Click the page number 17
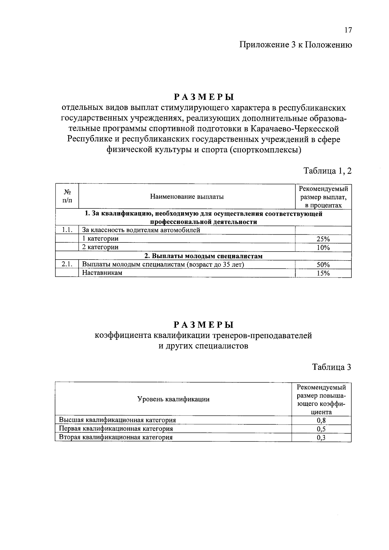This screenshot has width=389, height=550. click(x=348, y=30)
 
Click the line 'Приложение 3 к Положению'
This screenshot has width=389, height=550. click(x=295, y=45)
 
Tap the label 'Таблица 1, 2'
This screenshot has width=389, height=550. click(x=327, y=170)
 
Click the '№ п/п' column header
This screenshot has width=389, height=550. click(x=67, y=196)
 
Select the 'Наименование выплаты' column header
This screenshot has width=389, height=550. click(x=187, y=196)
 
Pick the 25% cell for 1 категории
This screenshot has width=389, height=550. click(x=323, y=239)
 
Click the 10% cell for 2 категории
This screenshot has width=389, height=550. click(x=323, y=248)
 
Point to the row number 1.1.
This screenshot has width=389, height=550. click(x=67, y=230)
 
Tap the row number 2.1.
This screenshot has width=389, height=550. click(x=67, y=264)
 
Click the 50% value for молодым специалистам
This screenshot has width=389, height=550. click(x=323, y=265)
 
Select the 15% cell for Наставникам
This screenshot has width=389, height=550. click(x=323, y=273)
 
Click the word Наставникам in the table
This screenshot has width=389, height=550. click(x=102, y=273)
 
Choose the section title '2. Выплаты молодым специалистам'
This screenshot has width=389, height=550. click(x=203, y=256)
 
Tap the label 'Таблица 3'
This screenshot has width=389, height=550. click(x=331, y=367)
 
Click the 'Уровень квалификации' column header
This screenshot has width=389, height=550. click(x=173, y=399)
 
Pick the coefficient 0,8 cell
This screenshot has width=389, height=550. click(x=321, y=421)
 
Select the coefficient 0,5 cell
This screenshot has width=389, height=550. click(x=321, y=429)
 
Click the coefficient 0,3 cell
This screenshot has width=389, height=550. click(x=321, y=438)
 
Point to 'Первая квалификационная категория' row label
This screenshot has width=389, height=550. click(x=116, y=429)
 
